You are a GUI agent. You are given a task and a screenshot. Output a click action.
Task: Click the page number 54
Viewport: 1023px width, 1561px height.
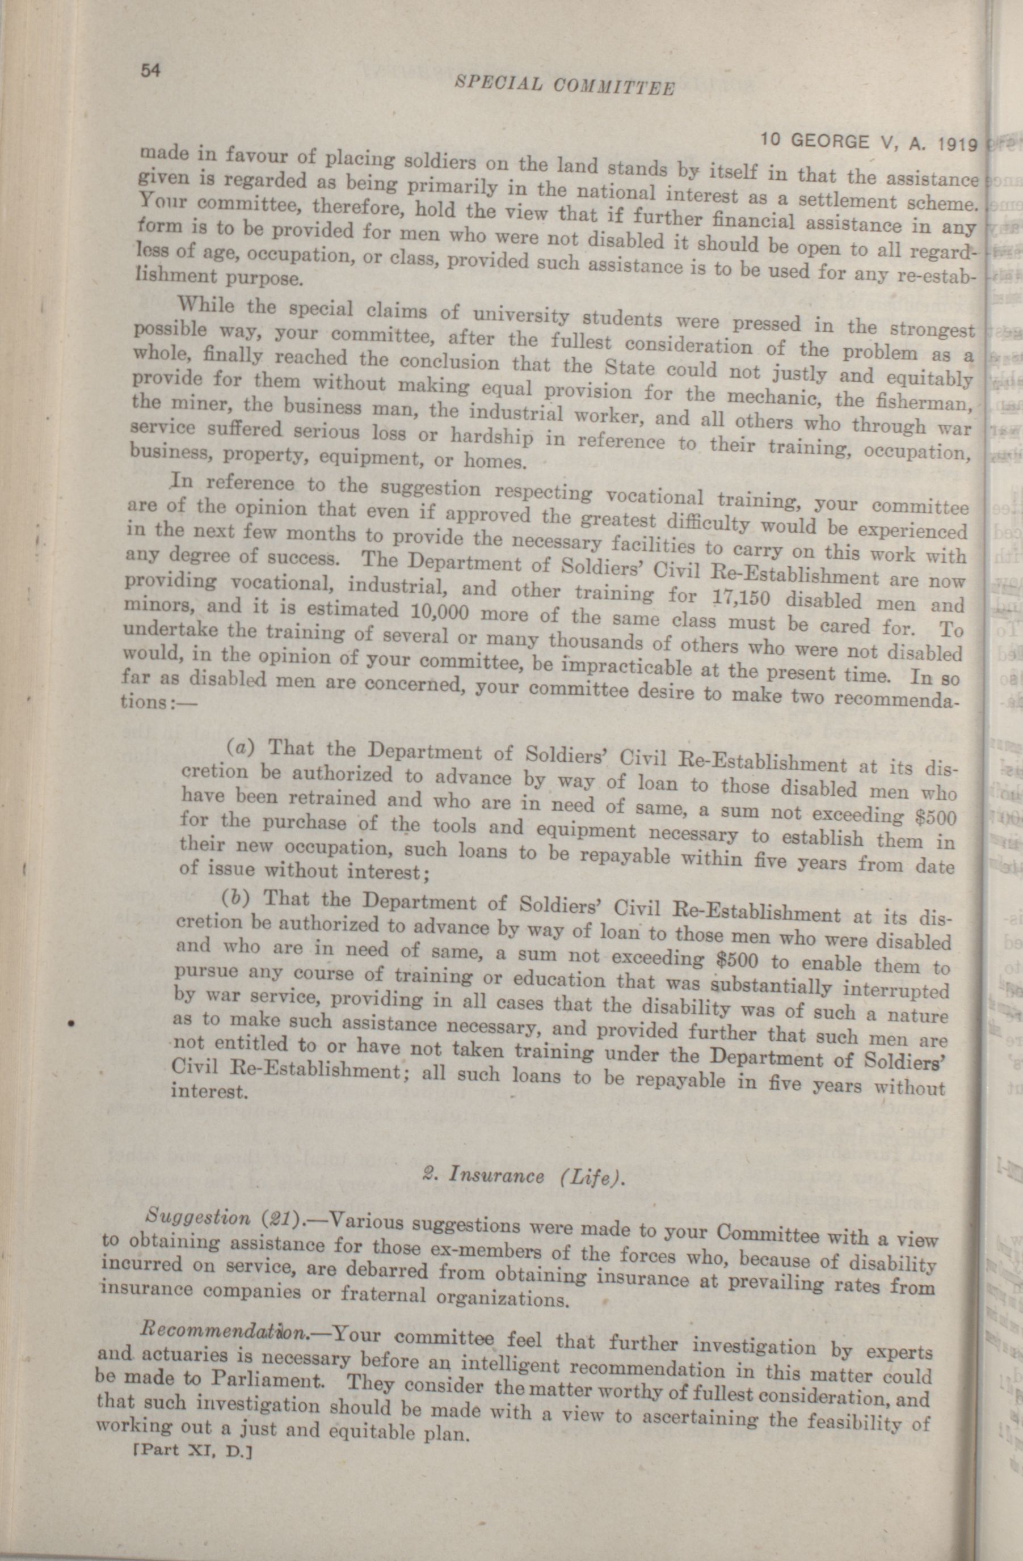click(x=151, y=71)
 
